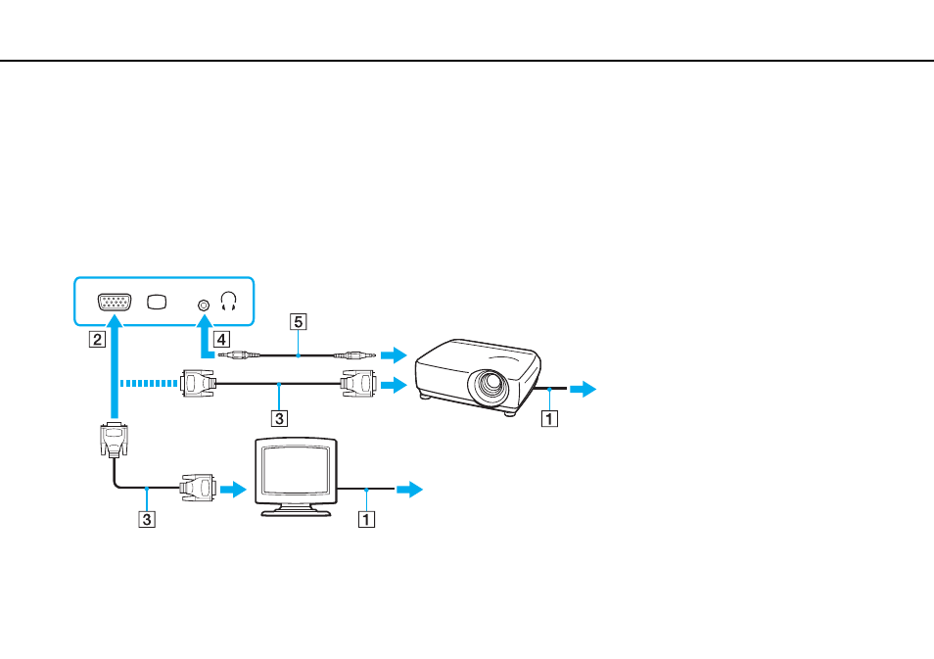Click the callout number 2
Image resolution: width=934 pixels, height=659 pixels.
click(97, 339)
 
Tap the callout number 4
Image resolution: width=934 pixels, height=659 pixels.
click(221, 340)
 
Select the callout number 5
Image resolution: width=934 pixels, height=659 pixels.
click(298, 322)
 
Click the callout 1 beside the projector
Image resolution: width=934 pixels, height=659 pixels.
click(549, 418)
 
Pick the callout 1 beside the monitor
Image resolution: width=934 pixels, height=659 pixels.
click(366, 519)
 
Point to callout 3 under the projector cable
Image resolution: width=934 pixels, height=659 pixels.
click(279, 418)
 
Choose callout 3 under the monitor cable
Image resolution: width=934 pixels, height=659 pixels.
click(147, 519)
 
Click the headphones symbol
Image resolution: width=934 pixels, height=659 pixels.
click(229, 301)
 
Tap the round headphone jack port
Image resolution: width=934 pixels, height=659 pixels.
click(204, 306)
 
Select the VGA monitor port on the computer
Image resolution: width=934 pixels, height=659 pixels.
click(115, 303)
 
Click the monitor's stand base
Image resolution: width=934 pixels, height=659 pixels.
click(296, 511)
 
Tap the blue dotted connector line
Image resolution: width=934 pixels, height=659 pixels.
click(149, 383)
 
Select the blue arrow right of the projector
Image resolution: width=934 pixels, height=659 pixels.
click(584, 389)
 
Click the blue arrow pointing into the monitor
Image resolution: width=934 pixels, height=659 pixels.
click(233, 490)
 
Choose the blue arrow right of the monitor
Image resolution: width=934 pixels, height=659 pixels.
click(410, 490)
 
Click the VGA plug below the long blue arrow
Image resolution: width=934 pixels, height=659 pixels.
click(115, 440)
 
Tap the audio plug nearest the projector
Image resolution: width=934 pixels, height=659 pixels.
click(354, 355)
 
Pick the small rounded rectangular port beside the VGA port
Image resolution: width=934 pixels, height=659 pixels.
click(157, 303)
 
